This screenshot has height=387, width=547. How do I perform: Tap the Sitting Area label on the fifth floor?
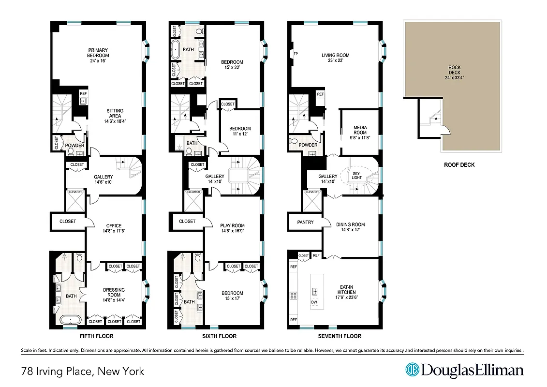(115, 116)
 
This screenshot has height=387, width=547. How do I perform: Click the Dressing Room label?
(114, 295)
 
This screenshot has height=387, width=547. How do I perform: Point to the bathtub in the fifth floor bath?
(71, 320)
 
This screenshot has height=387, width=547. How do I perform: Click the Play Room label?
(232, 228)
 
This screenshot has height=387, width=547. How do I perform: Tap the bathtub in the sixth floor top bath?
(176, 49)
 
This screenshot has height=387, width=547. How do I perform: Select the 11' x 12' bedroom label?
(240, 131)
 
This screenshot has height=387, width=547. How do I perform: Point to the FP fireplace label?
(296, 54)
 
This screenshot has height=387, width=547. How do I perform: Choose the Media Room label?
(360, 133)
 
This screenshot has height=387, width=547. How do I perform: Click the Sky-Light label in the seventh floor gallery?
(356, 175)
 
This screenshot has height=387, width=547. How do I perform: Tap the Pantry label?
(306, 223)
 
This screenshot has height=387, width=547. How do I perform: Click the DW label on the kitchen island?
(314, 302)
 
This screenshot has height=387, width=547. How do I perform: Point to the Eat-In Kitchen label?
(346, 295)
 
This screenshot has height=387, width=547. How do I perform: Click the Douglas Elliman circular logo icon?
(412, 370)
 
